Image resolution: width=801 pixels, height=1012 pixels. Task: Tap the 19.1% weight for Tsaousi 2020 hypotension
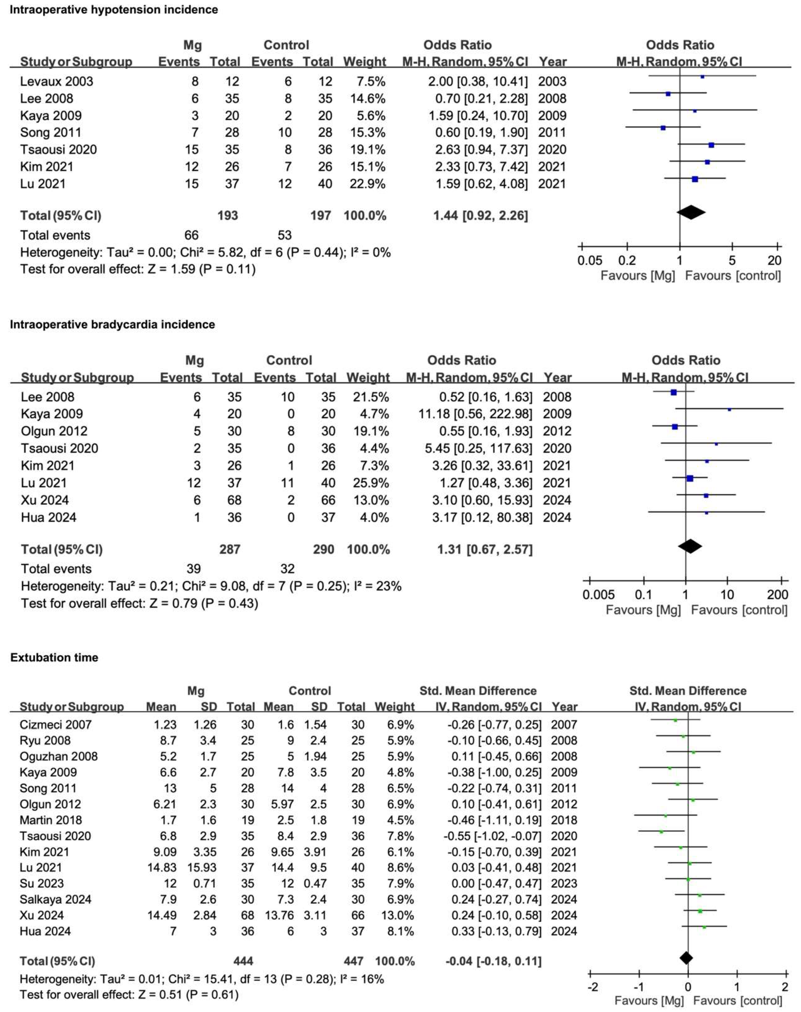(x=368, y=150)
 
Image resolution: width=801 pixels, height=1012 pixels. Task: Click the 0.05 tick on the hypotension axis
(x=589, y=261)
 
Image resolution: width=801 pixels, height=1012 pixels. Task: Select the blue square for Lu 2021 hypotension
(x=695, y=179)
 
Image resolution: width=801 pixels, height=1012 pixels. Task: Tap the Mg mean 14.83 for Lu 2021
(x=162, y=868)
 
